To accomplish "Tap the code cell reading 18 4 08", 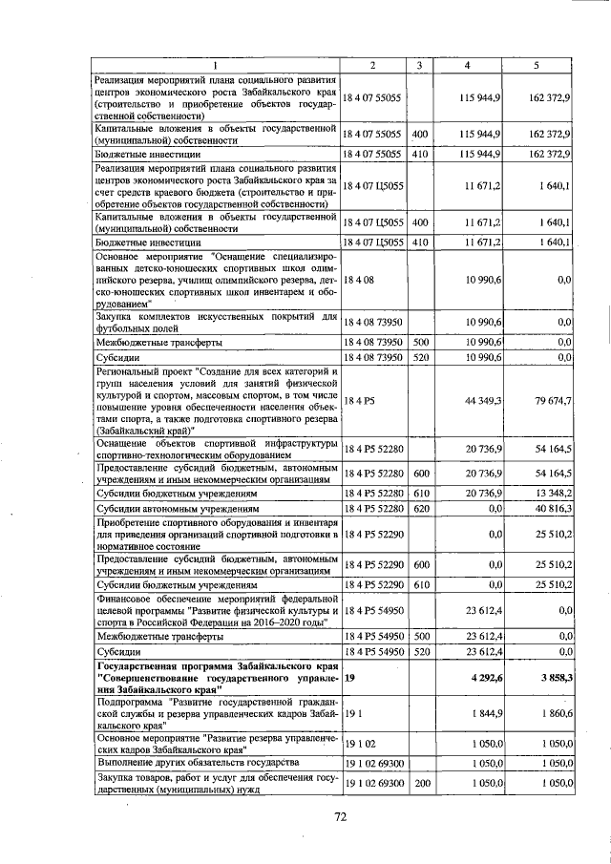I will click(360, 278).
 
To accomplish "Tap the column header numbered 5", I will click(537, 65).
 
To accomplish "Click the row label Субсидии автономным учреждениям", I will click(174, 510).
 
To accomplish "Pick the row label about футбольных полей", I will click(216, 321).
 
